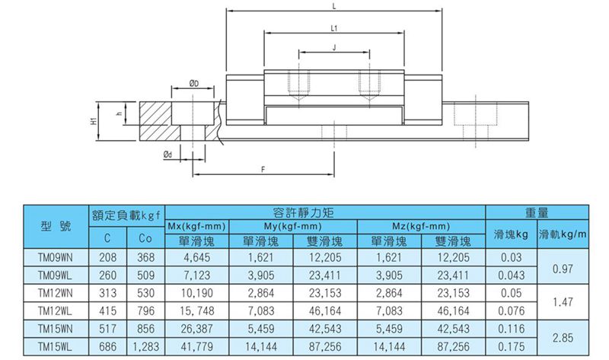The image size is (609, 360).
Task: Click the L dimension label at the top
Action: pyautogui.click(x=334, y=6)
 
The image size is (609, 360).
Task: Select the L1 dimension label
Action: pyautogui.click(x=334, y=28)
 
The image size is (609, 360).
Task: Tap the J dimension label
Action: pyautogui.click(x=334, y=48)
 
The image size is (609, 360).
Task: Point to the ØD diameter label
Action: pyautogui.click(x=194, y=84)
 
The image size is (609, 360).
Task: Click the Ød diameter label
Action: pyautogui.click(x=167, y=155)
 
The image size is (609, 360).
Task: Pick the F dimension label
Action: pyautogui.click(x=263, y=170)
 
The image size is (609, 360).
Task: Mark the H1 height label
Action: pyautogui.click(x=93, y=121)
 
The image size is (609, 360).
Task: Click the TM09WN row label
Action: pyautogui.click(x=56, y=257)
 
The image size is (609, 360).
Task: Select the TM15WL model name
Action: pyautogui.click(x=55, y=347)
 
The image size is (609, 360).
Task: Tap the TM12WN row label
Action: pyautogui.click(x=56, y=293)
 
